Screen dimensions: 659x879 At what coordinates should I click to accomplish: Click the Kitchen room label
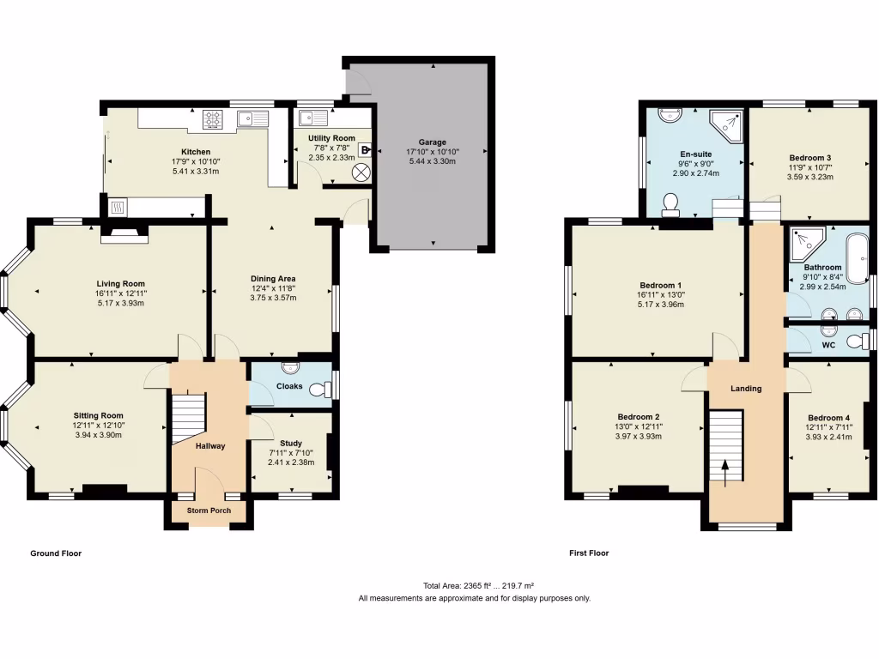click(184, 151)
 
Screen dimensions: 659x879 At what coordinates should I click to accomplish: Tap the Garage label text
click(432, 142)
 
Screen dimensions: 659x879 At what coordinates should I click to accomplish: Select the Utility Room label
click(331, 138)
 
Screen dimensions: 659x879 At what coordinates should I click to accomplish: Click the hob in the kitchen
click(214, 120)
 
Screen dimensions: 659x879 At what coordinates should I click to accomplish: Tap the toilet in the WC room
click(858, 342)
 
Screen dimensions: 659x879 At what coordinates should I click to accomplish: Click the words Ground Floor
click(56, 553)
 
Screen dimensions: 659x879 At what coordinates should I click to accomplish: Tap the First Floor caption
click(589, 553)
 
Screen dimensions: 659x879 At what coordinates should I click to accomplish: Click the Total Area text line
click(474, 586)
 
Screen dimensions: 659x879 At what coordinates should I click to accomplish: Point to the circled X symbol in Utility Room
click(361, 172)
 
